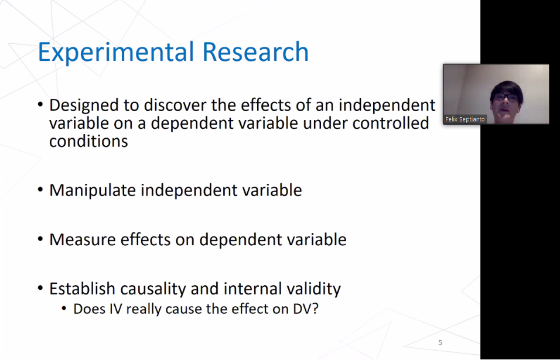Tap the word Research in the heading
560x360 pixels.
[x=255, y=53]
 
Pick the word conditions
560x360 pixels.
[x=88, y=142]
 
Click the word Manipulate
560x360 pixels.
[x=93, y=191]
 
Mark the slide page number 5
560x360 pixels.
[x=441, y=342]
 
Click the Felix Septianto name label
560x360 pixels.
[x=465, y=119]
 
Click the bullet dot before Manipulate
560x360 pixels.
[x=40, y=191]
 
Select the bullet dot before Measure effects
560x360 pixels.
[x=40, y=240]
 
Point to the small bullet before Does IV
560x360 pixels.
[x=64, y=309]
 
